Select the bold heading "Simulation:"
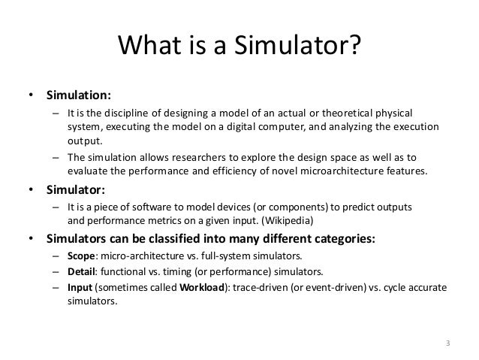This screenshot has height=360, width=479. pyautogui.click(x=79, y=96)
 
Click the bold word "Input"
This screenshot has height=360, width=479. pyautogui.click(x=81, y=288)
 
